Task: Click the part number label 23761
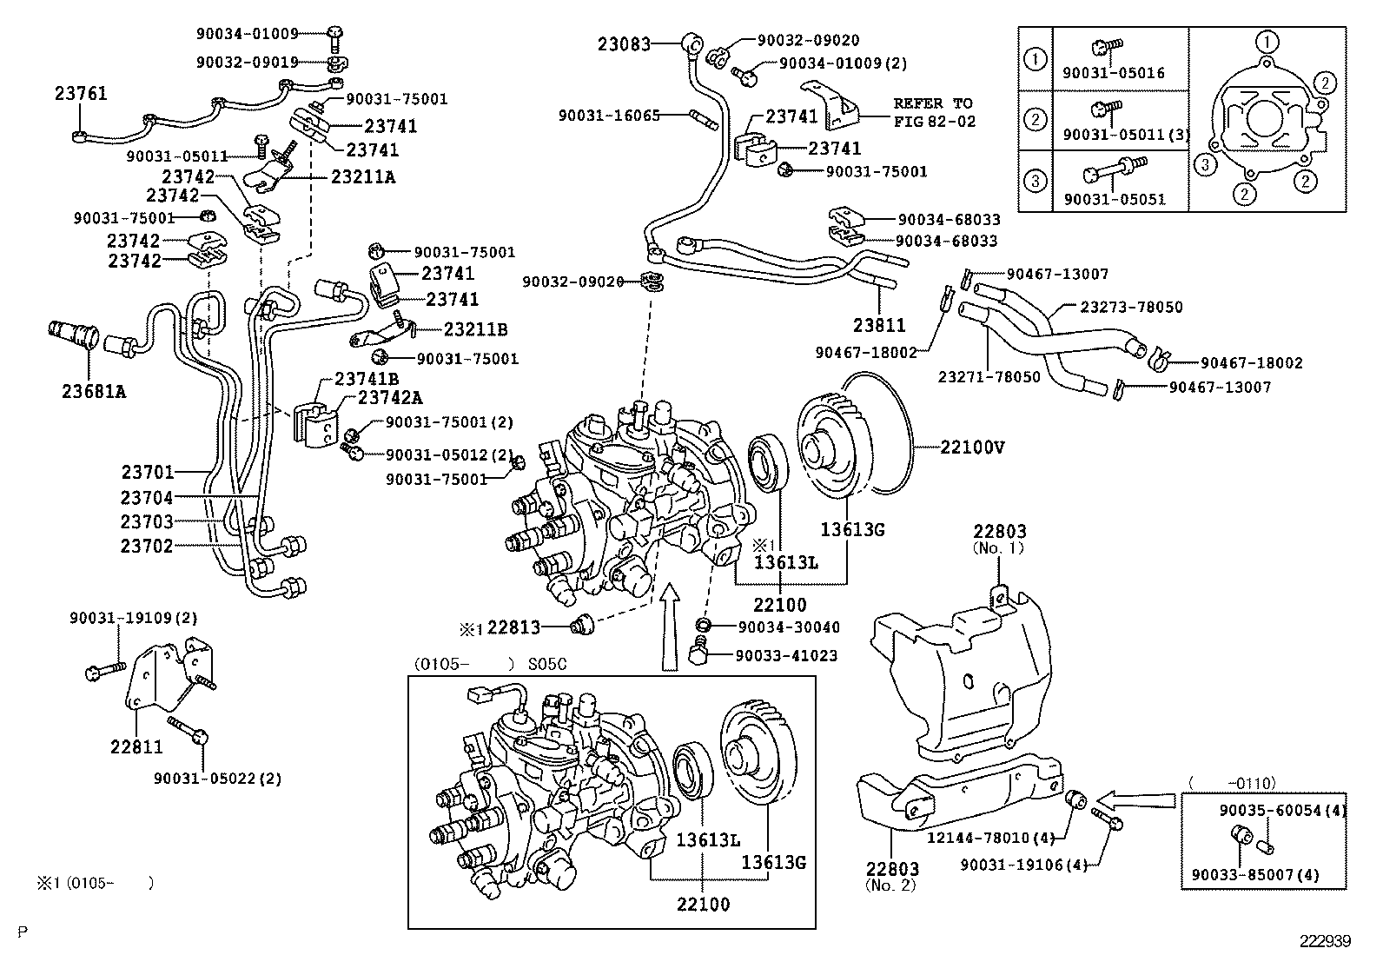81,93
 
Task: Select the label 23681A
94,391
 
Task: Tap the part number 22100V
972,448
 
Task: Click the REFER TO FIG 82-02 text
934,112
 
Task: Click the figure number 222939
1326,941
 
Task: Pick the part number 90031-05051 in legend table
1114,199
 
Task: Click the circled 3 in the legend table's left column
1036,182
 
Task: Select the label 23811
878,326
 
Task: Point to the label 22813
515,627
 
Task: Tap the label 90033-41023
786,655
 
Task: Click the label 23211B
475,329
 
